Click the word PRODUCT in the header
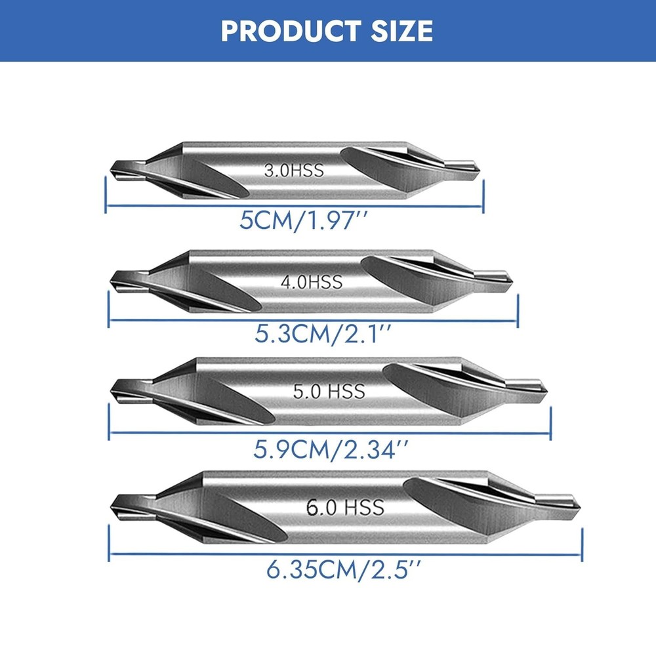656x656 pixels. (x=291, y=31)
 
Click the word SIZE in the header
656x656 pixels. (x=401, y=31)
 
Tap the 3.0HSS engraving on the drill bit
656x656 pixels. (x=294, y=171)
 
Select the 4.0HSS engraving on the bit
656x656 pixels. (x=312, y=282)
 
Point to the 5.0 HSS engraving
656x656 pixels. (x=329, y=391)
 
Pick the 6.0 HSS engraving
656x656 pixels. (x=345, y=507)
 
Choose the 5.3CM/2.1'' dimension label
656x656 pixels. (x=323, y=335)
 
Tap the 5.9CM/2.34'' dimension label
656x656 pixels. (x=331, y=450)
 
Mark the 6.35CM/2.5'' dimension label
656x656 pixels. (x=343, y=569)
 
